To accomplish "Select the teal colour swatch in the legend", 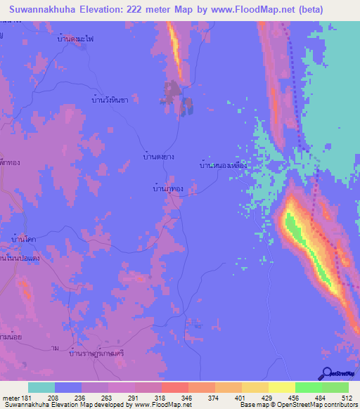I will [41, 387].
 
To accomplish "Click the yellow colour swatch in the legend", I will [281, 387].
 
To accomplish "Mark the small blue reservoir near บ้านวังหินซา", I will [188, 105].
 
